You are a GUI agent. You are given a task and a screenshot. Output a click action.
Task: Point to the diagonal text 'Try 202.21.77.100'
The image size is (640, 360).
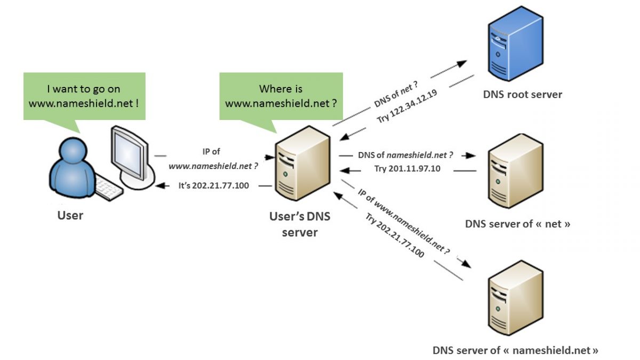[x=395, y=235]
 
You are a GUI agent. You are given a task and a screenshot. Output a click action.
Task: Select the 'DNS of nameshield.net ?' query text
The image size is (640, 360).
[x=405, y=155]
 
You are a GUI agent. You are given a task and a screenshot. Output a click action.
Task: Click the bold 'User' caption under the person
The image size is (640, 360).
[x=70, y=216]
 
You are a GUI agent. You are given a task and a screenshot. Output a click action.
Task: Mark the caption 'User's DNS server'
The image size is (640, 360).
[x=300, y=224]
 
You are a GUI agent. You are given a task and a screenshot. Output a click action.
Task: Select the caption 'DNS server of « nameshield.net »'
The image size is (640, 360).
[x=515, y=350]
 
